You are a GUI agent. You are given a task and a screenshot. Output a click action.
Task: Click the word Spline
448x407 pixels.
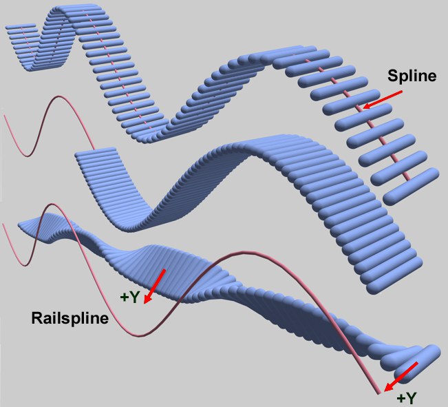point(412,76)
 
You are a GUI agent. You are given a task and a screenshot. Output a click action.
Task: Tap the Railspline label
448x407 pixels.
point(68,319)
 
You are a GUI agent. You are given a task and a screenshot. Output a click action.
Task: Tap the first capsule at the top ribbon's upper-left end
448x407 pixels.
point(20,29)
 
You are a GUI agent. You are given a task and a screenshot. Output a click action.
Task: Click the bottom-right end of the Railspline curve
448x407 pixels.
point(380,393)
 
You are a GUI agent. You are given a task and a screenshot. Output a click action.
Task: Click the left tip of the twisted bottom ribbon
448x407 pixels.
point(19,223)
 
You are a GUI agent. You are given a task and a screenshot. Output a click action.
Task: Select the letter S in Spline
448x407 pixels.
point(391,76)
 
